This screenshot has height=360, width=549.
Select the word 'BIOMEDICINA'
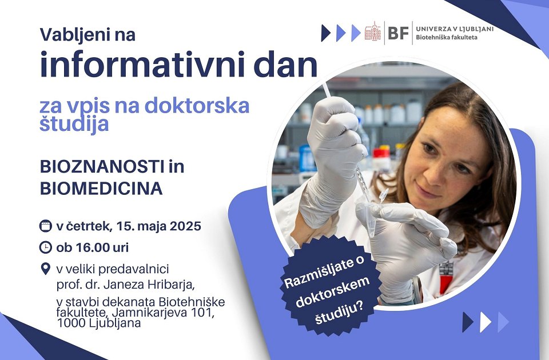tap(101, 189)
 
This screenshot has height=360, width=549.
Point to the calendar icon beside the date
tap(46, 226)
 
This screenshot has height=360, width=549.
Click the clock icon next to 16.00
tap(46, 247)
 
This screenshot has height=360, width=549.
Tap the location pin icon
tap(46, 269)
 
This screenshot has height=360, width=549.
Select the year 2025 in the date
tap(185, 226)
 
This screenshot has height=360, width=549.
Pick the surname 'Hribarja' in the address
tap(170, 285)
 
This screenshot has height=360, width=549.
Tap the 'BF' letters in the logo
tap(399, 33)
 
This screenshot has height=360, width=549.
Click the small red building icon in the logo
tap(372, 31)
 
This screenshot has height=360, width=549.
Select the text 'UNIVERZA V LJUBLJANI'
tap(455, 29)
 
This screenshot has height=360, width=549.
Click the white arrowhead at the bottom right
tap(486, 322)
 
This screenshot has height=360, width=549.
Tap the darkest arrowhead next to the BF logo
tap(326, 33)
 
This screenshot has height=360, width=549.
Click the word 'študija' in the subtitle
tap(74, 123)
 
